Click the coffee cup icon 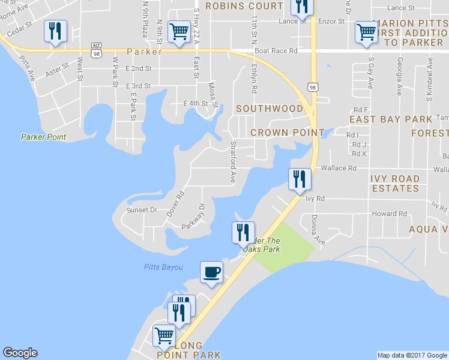click(x=211, y=272)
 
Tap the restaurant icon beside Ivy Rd click(x=299, y=179)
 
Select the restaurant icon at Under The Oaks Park click(x=243, y=232)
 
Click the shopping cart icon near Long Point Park click(x=163, y=335)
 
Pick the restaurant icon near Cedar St click(x=55, y=31)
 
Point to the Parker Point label click(x=43, y=137)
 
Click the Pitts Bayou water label click(x=163, y=267)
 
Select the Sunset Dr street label click(x=142, y=211)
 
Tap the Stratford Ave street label click(x=232, y=162)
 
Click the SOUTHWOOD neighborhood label click(x=270, y=109)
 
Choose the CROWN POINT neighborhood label click(x=287, y=132)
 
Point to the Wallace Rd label click(x=338, y=168)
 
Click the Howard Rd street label click(x=389, y=214)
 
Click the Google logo click(x=20, y=353)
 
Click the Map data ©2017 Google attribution click(x=412, y=355)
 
